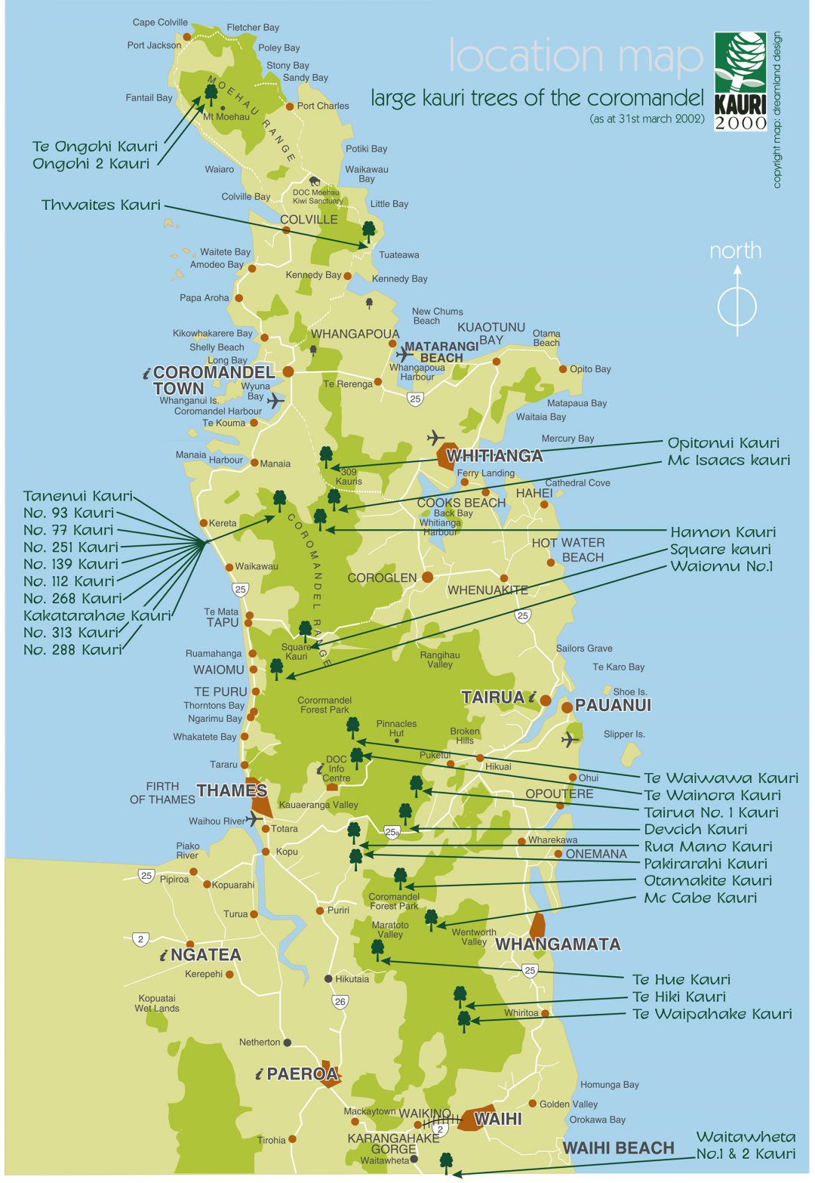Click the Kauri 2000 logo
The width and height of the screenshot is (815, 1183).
740,81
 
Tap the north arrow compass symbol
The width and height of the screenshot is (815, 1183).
737,307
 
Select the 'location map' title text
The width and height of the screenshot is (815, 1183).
575,56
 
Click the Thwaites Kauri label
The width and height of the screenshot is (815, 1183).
101,205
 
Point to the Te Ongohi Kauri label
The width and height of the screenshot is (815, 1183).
95,146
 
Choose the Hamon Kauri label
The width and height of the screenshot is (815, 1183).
722,532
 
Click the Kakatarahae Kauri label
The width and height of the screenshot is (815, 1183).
97,615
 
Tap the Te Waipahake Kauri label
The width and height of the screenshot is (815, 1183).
712,1014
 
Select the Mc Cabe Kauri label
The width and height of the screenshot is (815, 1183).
700,898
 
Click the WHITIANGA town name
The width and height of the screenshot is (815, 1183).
494,456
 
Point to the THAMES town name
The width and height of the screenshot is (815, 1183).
232,790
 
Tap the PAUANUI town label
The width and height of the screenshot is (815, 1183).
612,705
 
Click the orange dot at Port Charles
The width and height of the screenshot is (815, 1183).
290,106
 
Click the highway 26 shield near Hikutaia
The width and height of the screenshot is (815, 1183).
340,1002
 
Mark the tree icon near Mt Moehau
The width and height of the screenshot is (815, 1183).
211,94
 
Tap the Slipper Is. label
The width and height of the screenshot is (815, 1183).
624,734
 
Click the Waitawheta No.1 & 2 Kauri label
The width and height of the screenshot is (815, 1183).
745,1145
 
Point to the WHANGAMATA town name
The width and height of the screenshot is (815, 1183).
558,944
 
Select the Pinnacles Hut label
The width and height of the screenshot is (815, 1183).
396,728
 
